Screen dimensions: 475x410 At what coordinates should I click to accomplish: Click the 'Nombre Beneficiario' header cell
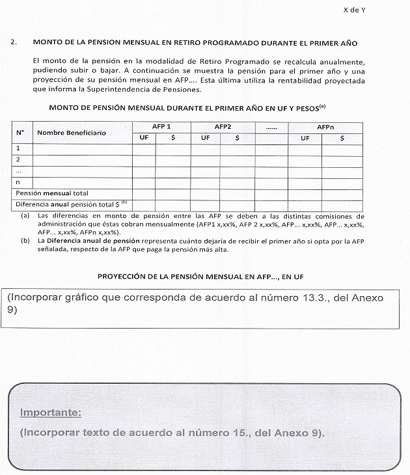(x=72, y=132)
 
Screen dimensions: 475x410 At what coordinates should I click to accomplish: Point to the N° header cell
(x=20, y=132)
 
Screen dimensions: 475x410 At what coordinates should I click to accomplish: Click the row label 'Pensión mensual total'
(x=52, y=193)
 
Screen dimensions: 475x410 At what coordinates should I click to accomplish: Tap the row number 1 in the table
(x=18, y=148)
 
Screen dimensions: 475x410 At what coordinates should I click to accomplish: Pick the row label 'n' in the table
(x=18, y=182)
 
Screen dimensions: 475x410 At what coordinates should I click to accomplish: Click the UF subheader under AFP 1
(x=143, y=137)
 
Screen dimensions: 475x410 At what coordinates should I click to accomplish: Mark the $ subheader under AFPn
(x=342, y=137)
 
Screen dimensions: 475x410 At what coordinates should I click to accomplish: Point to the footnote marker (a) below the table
(x=25, y=215)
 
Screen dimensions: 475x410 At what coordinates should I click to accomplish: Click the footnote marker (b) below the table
(x=25, y=239)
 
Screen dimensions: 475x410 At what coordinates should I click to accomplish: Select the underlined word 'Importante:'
(x=51, y=413)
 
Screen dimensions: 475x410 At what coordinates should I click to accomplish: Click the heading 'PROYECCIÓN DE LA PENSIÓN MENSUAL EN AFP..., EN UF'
(x=200, y=277)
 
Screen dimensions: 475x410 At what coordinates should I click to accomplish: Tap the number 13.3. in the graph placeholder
(x=305, y=297)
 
